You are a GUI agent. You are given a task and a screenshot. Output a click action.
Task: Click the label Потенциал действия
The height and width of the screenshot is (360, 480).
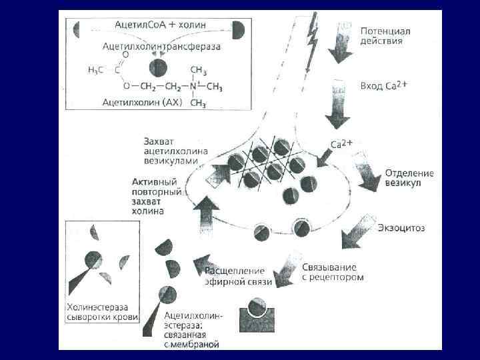tap(385, 35)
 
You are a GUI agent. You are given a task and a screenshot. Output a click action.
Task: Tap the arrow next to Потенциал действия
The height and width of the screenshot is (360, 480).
tap(341, 42)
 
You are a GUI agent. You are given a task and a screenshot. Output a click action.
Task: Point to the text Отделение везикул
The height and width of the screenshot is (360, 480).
tap(409, 178)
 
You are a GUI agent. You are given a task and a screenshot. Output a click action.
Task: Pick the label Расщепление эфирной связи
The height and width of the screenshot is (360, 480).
tap(238, 277)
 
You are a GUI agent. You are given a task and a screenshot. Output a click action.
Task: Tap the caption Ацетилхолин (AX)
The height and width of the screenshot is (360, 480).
tap(142, 103)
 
